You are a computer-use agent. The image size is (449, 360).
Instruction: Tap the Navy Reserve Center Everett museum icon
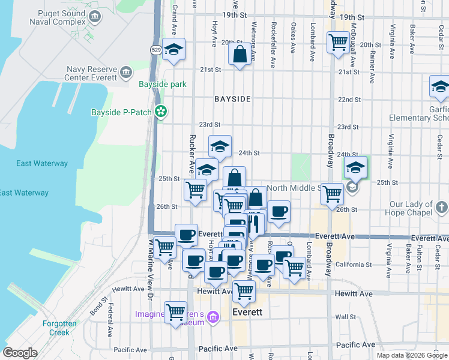tap(126, 73)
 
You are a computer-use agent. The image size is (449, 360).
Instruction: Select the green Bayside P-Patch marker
tap(160, 111)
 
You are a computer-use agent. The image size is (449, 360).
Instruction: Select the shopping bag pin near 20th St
tap(240, 55)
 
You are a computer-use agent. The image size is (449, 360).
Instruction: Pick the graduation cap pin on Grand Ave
tap(174, 50)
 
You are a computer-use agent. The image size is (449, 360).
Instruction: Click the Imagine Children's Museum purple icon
tap(212, 316)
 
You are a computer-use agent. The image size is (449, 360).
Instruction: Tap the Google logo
tap(20, 353)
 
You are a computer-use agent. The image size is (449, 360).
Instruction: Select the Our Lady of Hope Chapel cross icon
tap(441, 208)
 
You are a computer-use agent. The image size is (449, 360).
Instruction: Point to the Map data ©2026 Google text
tap(411, 355)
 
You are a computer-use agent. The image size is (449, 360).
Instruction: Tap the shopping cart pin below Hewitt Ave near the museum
tap(175, 312)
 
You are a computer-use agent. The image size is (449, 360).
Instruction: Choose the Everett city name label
tap(249, 313)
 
